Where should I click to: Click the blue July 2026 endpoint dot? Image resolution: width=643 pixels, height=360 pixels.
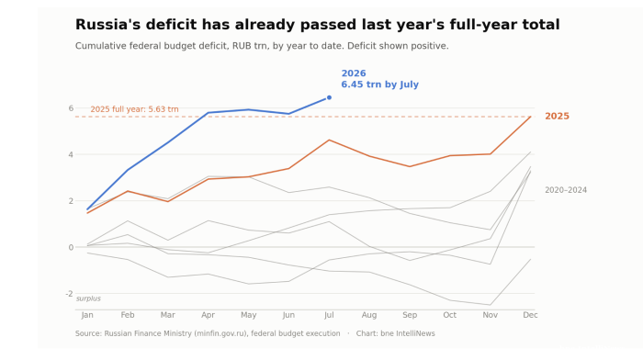[329, 97]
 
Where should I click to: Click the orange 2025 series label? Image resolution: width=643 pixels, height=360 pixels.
[557, 116]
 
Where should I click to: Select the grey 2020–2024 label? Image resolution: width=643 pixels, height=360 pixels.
[566, 190]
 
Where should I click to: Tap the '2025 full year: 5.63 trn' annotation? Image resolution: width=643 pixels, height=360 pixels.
[134, 109]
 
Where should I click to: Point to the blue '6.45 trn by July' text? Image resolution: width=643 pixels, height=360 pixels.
[379, 84]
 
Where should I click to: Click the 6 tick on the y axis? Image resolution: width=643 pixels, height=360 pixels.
[71, 108]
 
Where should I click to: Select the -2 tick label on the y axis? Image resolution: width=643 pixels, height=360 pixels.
[69, 294]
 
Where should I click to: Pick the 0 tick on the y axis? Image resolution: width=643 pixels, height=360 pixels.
[71, 247]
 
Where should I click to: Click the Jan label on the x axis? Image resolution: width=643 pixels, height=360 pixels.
[87, 315]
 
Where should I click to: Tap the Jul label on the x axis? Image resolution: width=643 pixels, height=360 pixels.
[329, 315]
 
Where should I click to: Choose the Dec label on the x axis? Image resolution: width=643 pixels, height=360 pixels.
[530, 315]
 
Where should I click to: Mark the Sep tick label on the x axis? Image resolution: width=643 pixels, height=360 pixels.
[410, 315]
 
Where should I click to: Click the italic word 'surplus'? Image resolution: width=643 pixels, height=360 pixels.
[88, 298]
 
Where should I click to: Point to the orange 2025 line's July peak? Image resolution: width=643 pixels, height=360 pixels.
[329, 140]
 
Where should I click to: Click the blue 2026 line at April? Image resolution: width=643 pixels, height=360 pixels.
[209, 113]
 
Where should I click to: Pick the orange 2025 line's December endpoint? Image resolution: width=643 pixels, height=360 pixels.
[531, 117]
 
